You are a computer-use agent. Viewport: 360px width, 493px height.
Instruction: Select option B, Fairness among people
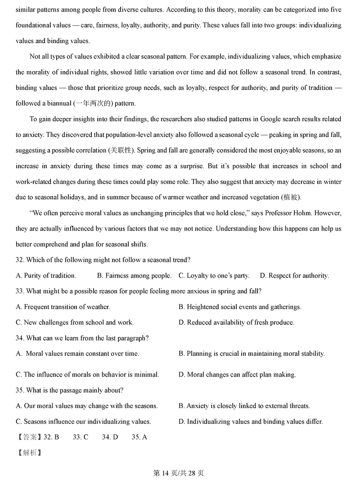click(x=134, y=276)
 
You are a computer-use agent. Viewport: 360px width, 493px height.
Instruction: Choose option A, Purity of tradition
click(x=46, y=276)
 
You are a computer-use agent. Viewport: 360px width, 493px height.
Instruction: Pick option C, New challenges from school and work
click(x=75, y=323)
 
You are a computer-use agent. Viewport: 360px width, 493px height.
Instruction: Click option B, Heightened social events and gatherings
click(x=240, y=307)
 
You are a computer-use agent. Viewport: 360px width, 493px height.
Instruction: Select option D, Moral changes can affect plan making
click(x=237, y=374)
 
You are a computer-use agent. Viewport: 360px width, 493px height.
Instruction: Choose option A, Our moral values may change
click(x=87, y=406)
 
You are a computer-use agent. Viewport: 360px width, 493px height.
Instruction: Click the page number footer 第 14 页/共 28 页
click(x=179, y=473)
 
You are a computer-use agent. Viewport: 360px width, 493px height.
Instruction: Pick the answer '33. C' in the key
click(x=80, y=437)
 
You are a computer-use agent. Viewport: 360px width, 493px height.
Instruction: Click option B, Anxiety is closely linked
click(x=244, y=406)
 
